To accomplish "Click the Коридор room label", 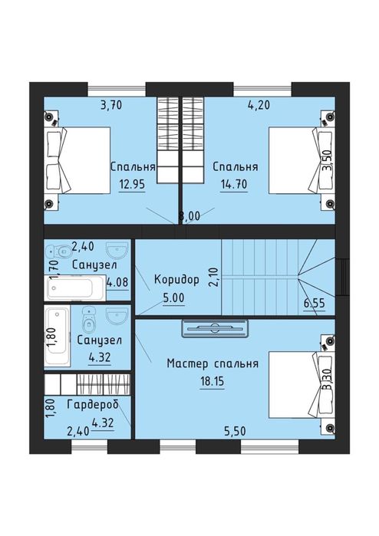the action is coord(176,280).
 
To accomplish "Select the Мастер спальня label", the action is coord(213,363).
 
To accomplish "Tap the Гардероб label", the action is coord(93,405).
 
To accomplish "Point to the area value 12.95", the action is coord(132,184).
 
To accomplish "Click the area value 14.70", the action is coord(234,184).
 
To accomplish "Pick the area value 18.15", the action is coord(212,381).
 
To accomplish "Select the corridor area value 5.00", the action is coord(173,298).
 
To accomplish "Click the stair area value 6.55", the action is coord(314,303).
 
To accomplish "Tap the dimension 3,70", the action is coord(111,105).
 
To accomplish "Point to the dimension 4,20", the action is coord(259,105).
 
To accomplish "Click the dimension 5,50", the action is coord(235,431).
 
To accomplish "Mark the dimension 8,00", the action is coord(189,217).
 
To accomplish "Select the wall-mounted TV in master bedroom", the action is coord(215,328).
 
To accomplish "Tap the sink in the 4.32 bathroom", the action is coord(117,315).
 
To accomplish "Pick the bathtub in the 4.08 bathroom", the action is coord(75,288).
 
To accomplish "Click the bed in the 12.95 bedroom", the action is coord(77,160).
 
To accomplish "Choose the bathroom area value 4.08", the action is coord(118,283).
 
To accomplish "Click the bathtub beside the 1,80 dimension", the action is coord(57,337).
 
